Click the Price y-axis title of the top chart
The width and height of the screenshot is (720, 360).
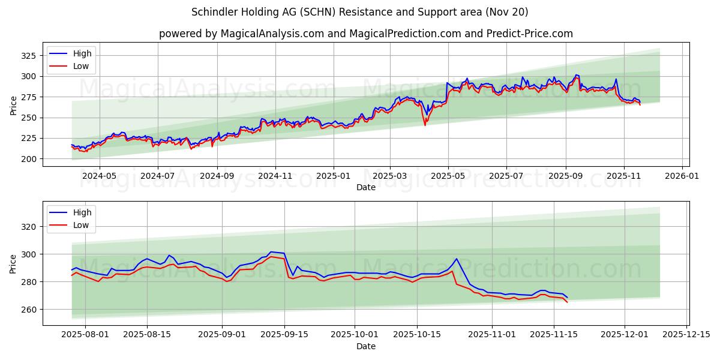click(x=13, y=105)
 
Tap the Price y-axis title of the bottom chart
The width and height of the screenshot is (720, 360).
click(x=13, y=263)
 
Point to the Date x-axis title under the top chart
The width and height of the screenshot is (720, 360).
click(x=366, y=187)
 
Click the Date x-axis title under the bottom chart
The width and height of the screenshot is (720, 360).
click(x=366, y=346)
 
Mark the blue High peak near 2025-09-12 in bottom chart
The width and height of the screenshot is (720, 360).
click(x=271, y=252)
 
